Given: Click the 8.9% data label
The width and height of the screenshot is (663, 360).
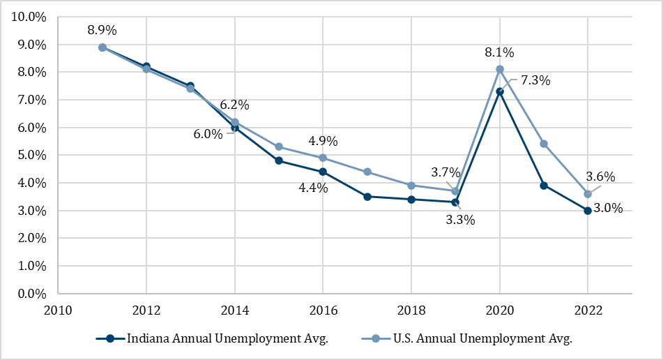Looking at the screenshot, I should tap(102, 30).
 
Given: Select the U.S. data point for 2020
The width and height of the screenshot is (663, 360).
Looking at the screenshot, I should tap(500, 69).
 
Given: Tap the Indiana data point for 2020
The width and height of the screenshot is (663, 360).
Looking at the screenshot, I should tap(500, 91).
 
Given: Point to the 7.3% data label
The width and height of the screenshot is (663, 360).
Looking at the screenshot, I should tap(535, 80).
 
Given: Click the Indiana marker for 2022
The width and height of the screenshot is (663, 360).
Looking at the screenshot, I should tap(588, 210).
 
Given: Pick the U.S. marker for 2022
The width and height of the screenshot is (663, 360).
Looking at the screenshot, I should tap(588, 194).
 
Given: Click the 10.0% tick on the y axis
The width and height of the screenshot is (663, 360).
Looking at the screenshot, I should tap(27, 17).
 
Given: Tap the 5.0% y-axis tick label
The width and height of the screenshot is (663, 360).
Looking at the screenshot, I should tap(30, 155).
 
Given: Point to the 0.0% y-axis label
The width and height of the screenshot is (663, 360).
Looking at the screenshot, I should tap(30, 294).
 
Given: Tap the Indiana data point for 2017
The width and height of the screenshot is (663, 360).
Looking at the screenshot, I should tap(367, 197).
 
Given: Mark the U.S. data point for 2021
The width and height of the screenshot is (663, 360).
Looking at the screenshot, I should tap(544, 144).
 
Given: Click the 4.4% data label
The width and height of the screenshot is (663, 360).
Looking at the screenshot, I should tap(313, 188).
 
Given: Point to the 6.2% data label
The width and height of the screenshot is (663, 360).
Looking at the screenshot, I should tap(234, 105).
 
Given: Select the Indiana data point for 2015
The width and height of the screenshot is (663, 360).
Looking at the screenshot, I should tap(279, 160).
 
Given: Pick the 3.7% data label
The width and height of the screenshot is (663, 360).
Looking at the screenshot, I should tap(445, 172).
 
